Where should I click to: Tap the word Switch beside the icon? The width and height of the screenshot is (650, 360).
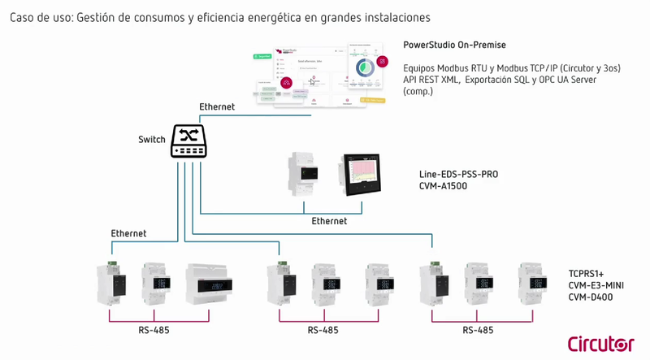click(x=152, y=140)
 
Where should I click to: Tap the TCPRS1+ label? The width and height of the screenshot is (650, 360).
click(x=587, y=275)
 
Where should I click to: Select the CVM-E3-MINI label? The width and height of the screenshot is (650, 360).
click(x=595, y=286)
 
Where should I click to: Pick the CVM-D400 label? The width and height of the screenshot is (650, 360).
click(x=591, y=297)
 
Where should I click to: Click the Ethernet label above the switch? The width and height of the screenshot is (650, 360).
click(x=217, y=107)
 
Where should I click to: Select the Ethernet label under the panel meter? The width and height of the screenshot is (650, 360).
click(x=329, y=221)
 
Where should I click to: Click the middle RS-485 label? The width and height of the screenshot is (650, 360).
click(x=324, y=331)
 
